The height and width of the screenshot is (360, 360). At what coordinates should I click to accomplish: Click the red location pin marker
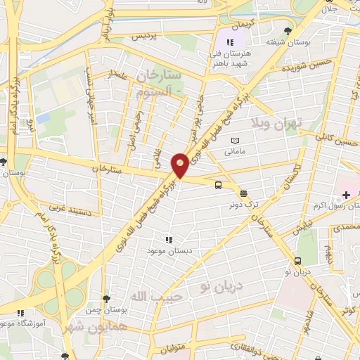coord(180,165)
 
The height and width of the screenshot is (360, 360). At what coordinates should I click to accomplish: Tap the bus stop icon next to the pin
coord(219,185)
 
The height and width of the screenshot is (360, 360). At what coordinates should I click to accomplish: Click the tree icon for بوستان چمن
coord(105,300)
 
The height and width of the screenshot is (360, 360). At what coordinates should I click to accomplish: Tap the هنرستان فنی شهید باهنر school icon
coord(230,43)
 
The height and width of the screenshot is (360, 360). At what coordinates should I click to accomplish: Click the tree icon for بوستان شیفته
coord(287,30)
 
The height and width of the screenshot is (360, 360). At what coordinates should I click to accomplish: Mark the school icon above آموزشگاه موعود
coord(22,313)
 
